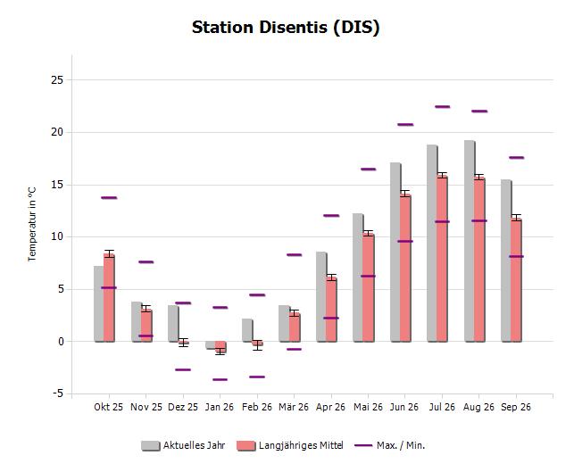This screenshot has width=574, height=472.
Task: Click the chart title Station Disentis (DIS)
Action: click(286, 28)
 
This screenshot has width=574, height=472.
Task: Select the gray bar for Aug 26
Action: click(470, 241)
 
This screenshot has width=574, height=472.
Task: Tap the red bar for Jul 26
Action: click(442, 259)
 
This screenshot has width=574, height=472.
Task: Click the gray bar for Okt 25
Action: click(99, 304)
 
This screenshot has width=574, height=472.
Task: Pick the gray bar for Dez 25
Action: click(173, 324)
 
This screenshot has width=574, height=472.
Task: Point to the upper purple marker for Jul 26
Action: click(442, 107)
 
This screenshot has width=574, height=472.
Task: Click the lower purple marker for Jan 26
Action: click(220, 379)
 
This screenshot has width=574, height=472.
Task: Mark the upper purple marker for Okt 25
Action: click(109, 198)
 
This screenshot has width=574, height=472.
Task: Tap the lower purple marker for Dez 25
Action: click(183, 369)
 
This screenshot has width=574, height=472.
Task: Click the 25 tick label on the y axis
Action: click(57, 79)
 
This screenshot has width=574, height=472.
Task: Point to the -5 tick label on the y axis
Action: click(58, 393)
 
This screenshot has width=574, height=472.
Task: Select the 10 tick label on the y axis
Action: click(57, 236)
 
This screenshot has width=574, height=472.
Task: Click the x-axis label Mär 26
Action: click(294, 407)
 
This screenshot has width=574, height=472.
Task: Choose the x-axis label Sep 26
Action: click(516, 407)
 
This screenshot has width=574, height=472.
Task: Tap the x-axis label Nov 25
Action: click(146, 407)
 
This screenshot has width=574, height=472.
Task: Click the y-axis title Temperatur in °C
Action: click(32, 224)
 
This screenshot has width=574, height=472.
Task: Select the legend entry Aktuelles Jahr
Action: click(183, 445)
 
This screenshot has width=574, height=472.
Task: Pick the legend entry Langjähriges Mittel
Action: click(290, 445)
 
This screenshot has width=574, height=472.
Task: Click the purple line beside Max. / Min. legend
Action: click(363, 445)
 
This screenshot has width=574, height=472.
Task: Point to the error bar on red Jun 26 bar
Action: click(405, 194)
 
